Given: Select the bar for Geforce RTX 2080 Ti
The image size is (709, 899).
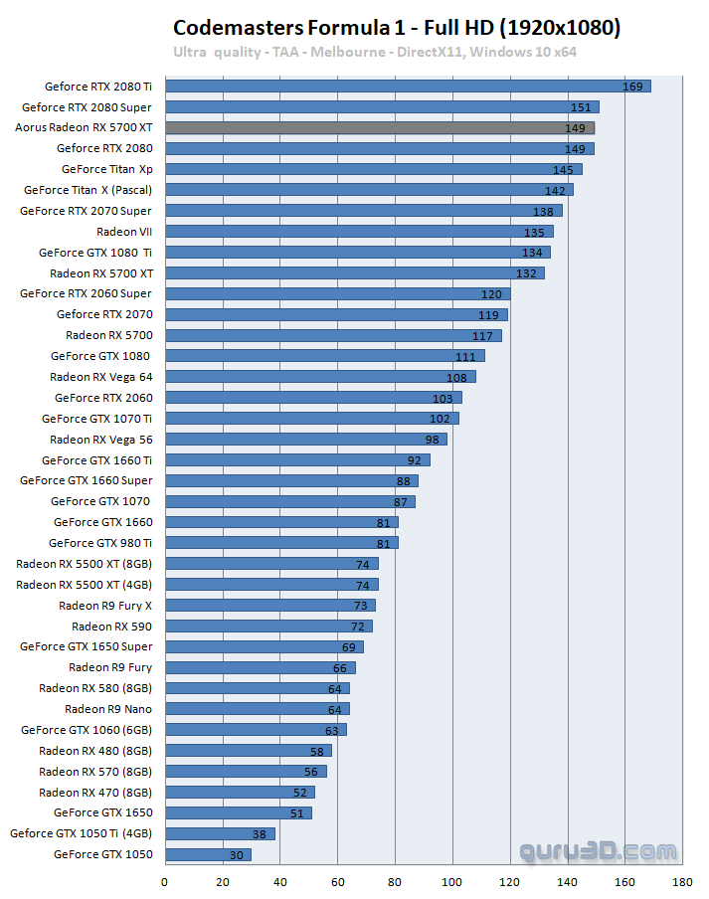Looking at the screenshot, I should (408, 87).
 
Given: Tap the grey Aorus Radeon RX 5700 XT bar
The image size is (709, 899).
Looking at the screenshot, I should (379, 128).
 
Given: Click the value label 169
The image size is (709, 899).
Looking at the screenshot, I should (633, 87).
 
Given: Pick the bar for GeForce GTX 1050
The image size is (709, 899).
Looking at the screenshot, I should (208, 854).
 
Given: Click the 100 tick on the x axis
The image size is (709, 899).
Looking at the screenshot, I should (452, 880).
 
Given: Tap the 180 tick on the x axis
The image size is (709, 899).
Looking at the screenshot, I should (682, 880).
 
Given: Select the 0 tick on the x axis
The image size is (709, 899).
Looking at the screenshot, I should (165, 880).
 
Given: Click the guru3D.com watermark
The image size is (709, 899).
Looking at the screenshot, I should (598, 851).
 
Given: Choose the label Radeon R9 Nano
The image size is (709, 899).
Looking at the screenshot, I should (108, 709).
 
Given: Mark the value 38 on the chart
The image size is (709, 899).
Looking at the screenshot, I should (261, 833).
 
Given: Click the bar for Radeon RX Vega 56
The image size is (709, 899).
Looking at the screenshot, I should (305, 440).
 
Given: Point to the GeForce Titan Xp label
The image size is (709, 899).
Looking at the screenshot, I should (106, 169).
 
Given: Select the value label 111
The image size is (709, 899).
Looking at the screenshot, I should (466, 356).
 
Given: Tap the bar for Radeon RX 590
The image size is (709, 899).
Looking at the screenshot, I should (268, 627).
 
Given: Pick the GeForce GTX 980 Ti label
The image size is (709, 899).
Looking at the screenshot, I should (100, 543).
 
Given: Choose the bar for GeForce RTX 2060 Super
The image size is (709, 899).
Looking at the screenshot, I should (337, 294).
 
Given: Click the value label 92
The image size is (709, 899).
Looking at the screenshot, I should (415, 460).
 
